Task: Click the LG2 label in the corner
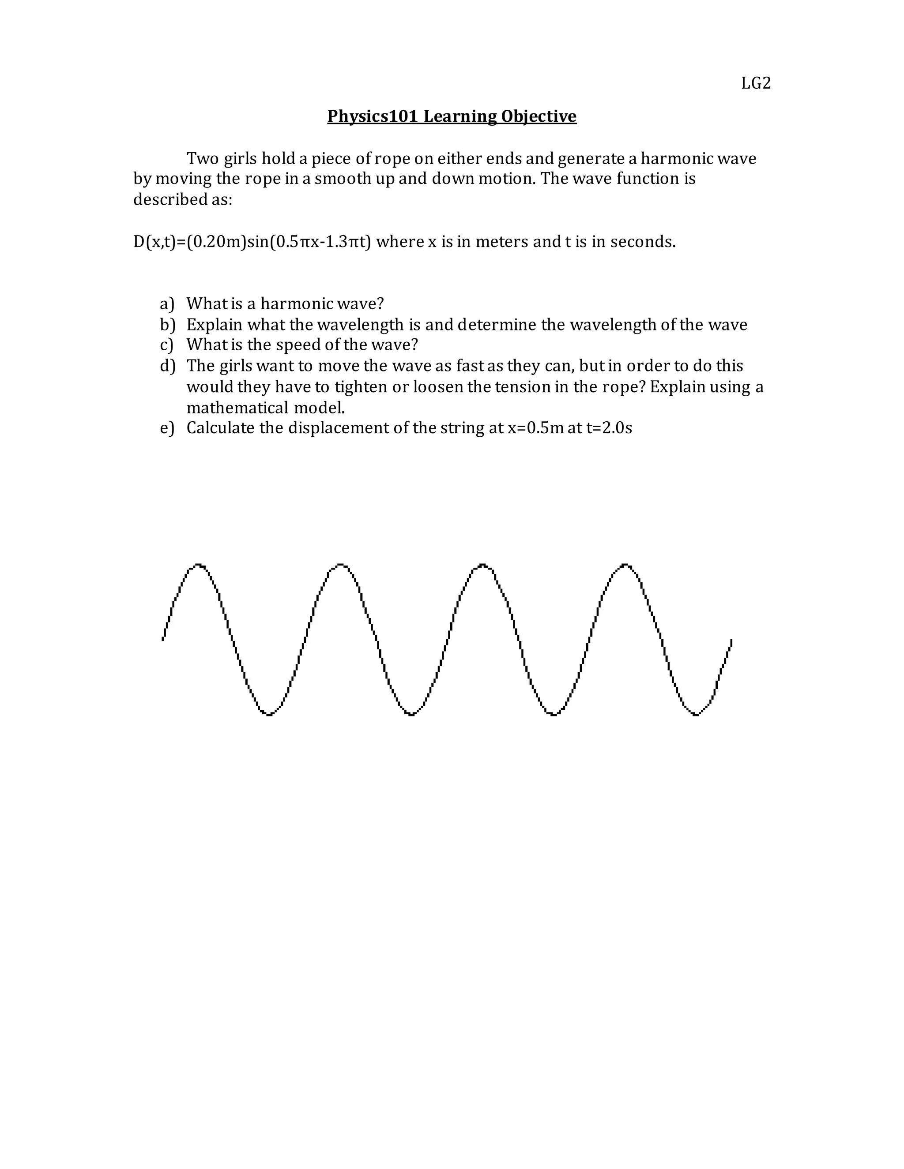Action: (x=756, y=83)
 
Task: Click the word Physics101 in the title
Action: (x=372, y=116)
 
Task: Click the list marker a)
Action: (x=167, y=304)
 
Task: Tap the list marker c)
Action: (x=167, y=345)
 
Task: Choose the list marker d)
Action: (x=167, y=366)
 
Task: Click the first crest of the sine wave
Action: (x=199, y=565)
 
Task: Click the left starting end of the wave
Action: (x=163, y=638)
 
